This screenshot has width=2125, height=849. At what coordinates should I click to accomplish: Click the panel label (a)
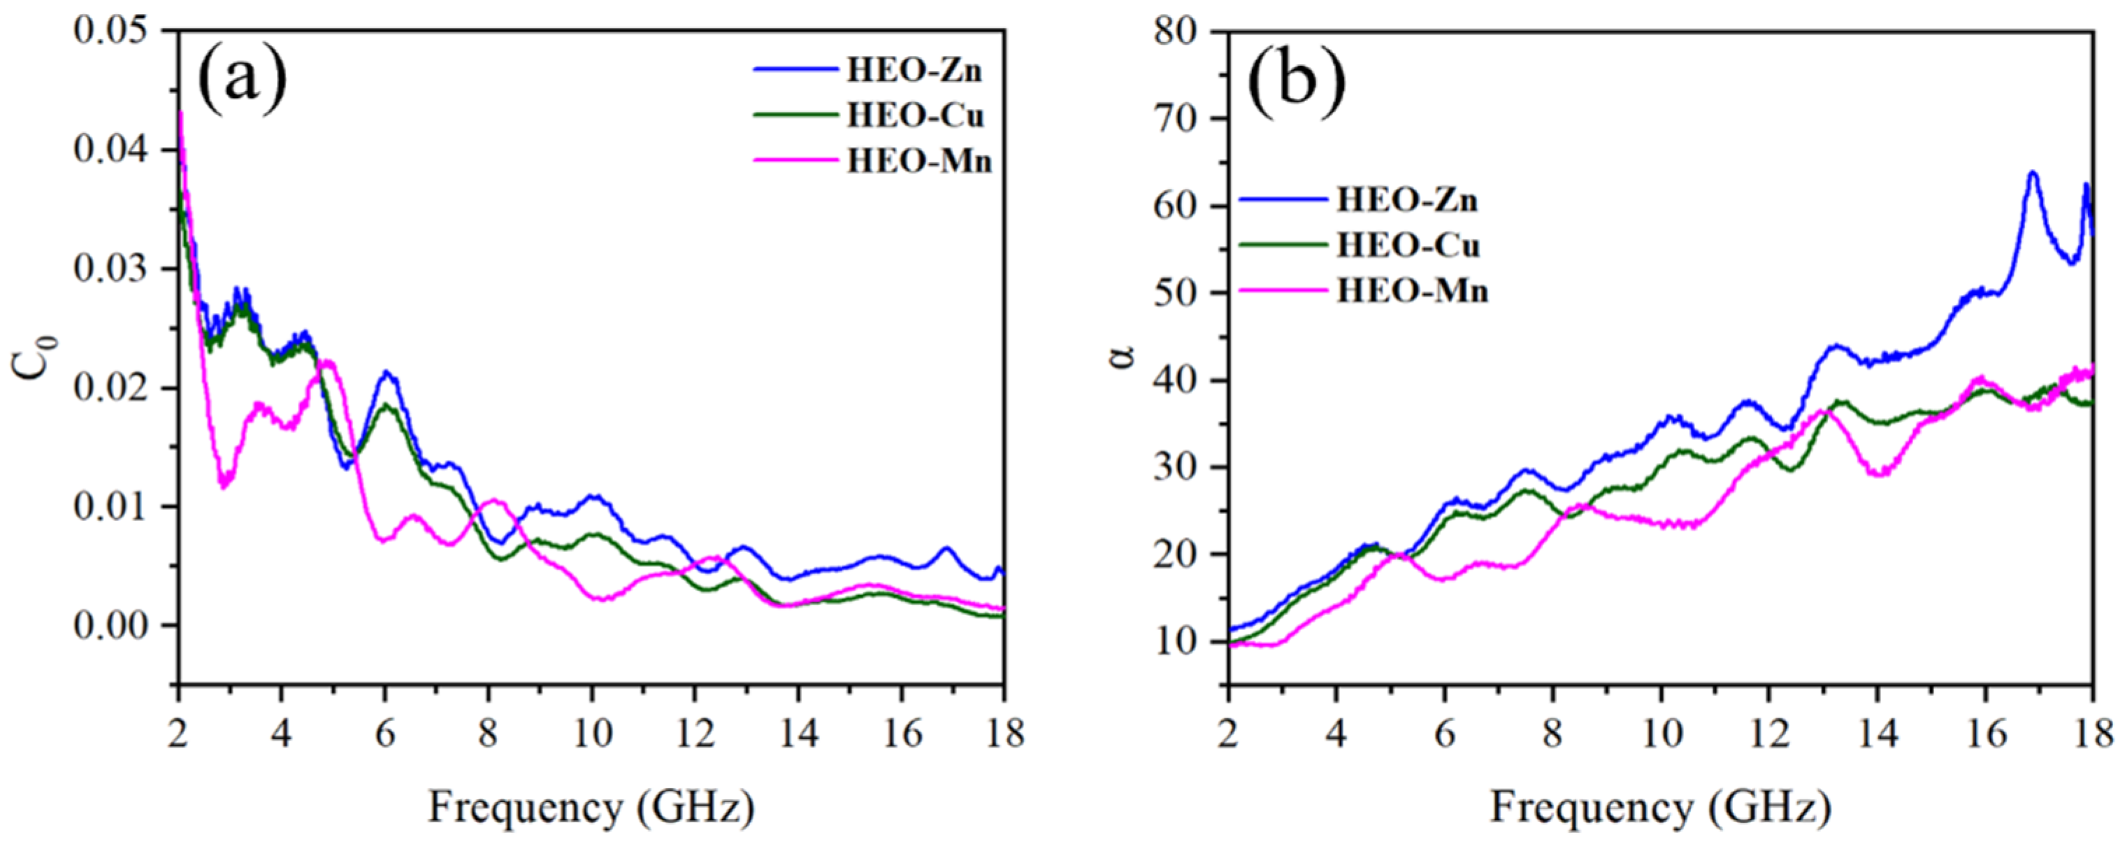pos(242,82)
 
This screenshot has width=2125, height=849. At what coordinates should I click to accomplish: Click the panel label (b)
pos(1296,82)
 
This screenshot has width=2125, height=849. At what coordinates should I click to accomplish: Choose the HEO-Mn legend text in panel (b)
pos(1412,291)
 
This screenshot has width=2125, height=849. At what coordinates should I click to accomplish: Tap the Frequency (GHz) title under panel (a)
pos(591,808)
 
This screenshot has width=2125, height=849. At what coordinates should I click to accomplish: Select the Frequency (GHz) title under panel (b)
pos(1659,808)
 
